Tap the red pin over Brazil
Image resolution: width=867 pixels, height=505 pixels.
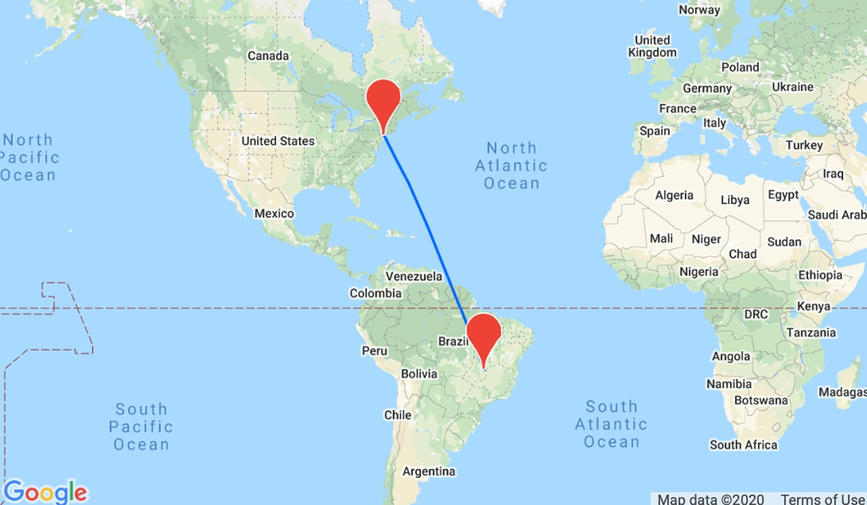pyautogui.click(x=484, y=333)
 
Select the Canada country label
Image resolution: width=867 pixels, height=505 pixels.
pyautogui.click(x=268, y=56)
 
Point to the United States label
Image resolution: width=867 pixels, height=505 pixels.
pyautogui.click(x=278, y=141)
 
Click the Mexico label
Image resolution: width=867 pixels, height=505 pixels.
pyautogui.click(x=274, y=214)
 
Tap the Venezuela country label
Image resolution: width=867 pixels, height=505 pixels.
pyautogui.click(x=414, y=276)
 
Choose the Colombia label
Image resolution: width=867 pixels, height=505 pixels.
pyautogui.click(x=375, y=293)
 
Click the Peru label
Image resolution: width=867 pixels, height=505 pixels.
pyautogui.click(x=374, y=350)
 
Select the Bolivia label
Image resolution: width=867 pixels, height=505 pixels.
pyautogui.click(x=419, y=374)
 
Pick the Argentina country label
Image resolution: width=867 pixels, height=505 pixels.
pyautogui.click(x=429, y=472)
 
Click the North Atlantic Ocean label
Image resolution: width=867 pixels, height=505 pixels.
pyautogui.click(x=512, y=165)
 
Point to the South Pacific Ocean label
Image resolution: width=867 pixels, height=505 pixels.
pyautogui.click(x=141, y=427)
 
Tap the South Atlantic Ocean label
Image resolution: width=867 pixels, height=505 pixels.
pyautogui.click(x=611, y=424)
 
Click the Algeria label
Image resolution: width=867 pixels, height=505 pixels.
pyautogui.click(x=674, y=196)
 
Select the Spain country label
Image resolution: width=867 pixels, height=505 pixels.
pyautogui.click(x=655, y=131)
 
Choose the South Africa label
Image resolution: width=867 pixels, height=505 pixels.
pyautogui.click(x=744, y=445)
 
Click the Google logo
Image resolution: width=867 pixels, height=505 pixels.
pyautogui.click(x=45, y=492)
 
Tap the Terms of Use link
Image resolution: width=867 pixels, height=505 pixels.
pyautogui.click(x=823, y=499)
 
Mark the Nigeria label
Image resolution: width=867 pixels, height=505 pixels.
pyautogui.click(x=698, y=272)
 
